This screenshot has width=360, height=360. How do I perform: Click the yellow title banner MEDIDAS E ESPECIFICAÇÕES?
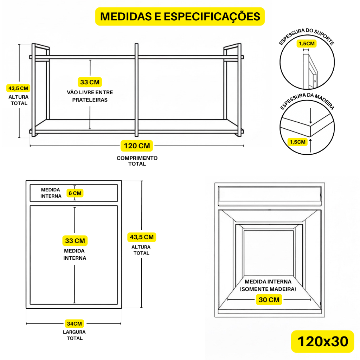click(x=180, y=17)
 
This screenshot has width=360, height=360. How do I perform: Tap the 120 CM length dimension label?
click(x=137, y=146)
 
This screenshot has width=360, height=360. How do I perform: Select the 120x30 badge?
click(x=322, y=341)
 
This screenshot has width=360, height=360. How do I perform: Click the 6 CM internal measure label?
click(x=75, y=193)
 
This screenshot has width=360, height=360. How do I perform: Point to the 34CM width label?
click(x=74, y=323)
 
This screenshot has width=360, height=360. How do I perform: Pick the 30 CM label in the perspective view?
click(x=269, y=300)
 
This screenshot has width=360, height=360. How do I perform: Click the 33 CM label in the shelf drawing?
click(x=90, y=82)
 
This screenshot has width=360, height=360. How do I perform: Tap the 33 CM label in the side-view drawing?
click(x=75, y=241)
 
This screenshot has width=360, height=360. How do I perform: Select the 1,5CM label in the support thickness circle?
click(x=307, y=44)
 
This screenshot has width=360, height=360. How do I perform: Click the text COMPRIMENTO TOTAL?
click(x=137, y=161)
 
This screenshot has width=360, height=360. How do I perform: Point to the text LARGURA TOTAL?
click(x=74, y=335)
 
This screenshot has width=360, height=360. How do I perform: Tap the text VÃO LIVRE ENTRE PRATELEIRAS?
click(x=90, y=96)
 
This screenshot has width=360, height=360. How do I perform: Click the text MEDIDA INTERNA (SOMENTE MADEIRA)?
click(x=268, y=285)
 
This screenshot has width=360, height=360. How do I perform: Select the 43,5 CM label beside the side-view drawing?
click(x=141, y=237)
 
